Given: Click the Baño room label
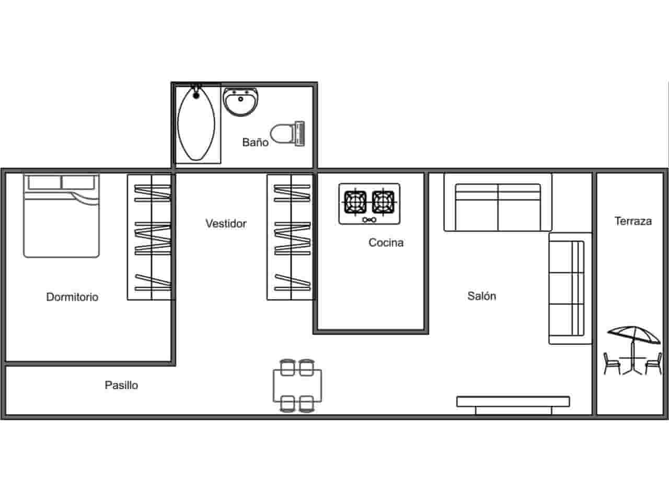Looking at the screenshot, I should pos(255,142).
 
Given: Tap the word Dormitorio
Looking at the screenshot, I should pos(72,297).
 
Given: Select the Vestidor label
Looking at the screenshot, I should pos(226,224).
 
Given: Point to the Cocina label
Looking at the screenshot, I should pos(386,243).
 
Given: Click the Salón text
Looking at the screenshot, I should pos(481,296).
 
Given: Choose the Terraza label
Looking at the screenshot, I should pos(633,221).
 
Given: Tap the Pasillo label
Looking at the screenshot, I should pos(121,385).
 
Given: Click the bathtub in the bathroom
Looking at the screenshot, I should pos(197,124).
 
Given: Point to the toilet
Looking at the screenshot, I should pos(288,133).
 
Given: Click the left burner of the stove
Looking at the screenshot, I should pos(355,201).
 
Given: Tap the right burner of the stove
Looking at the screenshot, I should pos(383,201).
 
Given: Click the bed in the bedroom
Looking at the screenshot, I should pos(61,216).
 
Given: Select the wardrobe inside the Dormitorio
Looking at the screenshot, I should pos(151,237).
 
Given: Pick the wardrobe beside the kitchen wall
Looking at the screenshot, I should pos(290,237).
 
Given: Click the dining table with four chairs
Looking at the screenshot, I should pos(297,386).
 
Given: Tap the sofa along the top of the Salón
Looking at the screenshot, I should pos(498,208).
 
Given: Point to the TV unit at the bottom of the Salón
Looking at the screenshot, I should pos(513,403).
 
